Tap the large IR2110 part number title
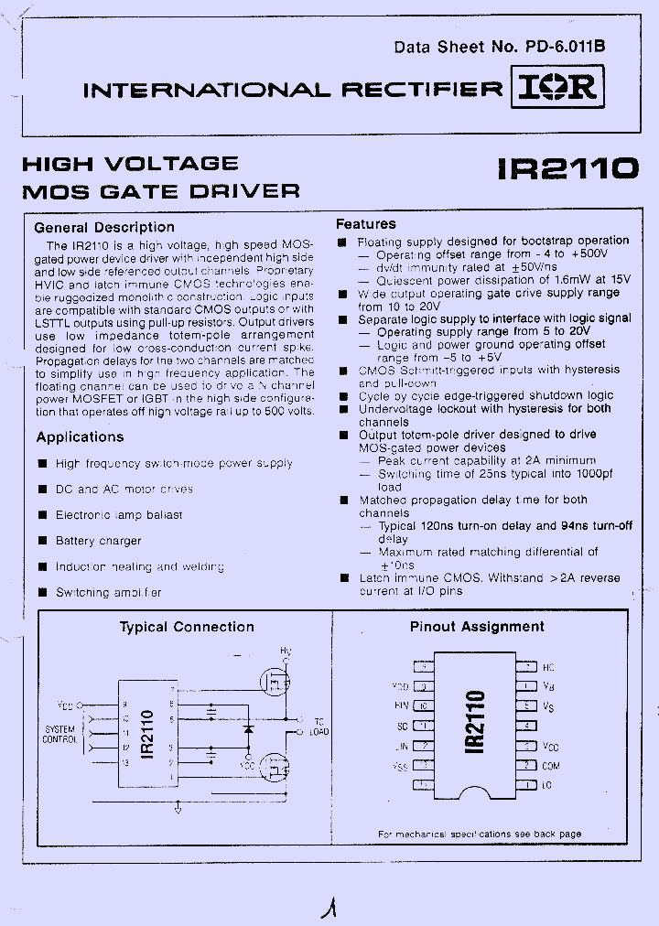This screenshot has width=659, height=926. click(567, 168)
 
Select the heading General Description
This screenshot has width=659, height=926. click(104, 227)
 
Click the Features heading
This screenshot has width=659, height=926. click(366, 223)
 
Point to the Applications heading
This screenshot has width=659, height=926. click(80, 437)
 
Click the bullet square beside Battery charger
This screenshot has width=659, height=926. click(42, 541)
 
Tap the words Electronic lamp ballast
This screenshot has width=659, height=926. click(119, 515)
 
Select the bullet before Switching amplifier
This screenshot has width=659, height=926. click(42, 592)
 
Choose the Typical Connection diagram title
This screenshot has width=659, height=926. click(187, 627)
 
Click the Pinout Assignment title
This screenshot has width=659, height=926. click(477, 627)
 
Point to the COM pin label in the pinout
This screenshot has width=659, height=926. click(550, 766)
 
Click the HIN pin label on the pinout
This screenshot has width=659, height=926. click(401, 705)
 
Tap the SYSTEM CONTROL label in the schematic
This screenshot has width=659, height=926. click(59, 735)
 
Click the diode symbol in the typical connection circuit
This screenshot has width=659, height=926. click(248, 730)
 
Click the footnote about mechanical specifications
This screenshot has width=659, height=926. click(479, 834)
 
